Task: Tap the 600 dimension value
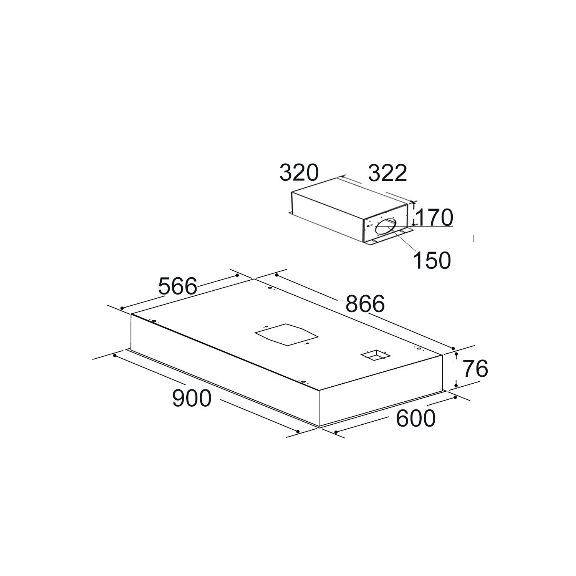click(x=416, y=418)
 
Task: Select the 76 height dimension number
click(x=475, y=369)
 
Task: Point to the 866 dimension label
click(x=365, y=304)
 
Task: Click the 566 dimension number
click(x=178, y=286)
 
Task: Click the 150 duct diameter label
click(x=432, y=260)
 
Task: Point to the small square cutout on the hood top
click(x=373, y=355)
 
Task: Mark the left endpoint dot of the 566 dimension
click(x=122, y=308)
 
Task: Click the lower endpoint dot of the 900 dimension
click(x=298, y=431)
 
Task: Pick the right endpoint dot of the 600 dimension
click(x=455, y=397)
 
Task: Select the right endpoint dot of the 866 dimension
click(x=453, y=348)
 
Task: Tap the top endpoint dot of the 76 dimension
click(x=456, y=354)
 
